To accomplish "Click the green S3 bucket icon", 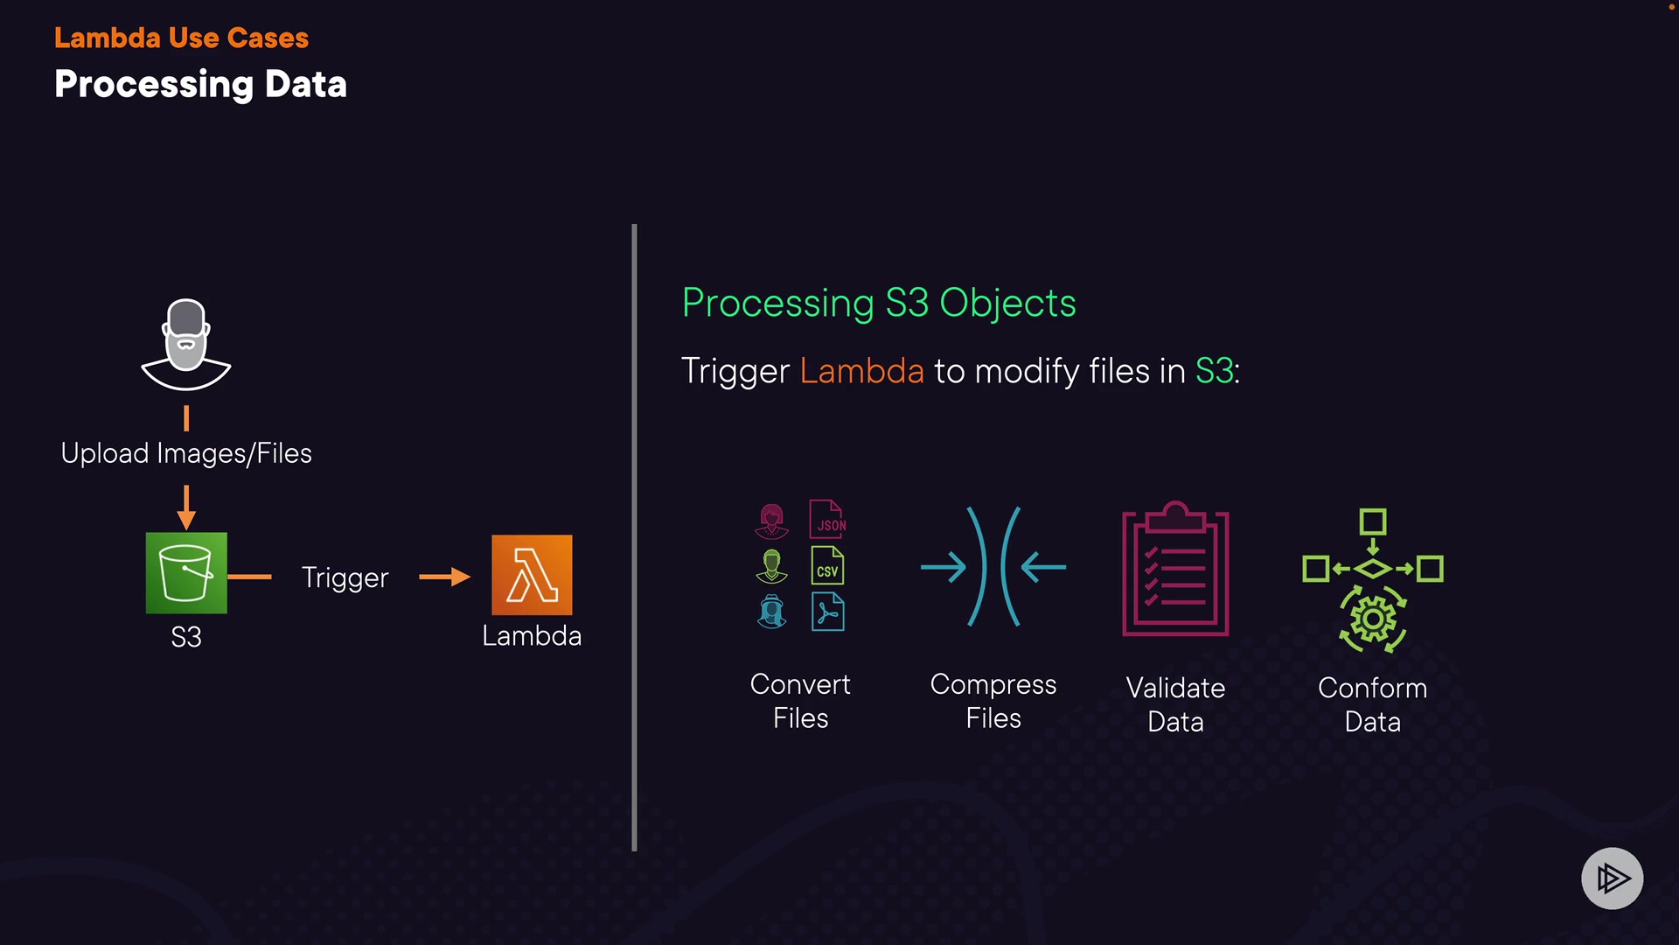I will (186, 573).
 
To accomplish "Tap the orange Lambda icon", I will (532, 575).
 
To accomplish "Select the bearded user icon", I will (186, 344).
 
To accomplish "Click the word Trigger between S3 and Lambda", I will (345, 577).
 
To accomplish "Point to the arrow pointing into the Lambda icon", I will (445, 577).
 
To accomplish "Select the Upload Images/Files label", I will (186, 453).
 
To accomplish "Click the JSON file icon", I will (827, 519).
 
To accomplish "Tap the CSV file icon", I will (827, 565).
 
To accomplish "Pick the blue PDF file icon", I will (827, 612).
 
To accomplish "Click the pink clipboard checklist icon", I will (1175, 570).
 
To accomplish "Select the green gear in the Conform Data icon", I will (1373, 620).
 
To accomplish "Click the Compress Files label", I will (993, 701).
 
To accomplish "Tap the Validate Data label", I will (1175, 704).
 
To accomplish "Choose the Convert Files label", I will (800, 701).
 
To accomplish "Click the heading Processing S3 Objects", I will (879, 303).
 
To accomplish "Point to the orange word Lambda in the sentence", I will (861, 371).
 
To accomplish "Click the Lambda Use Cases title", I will (181, 38).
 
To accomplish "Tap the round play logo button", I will (1612, 878).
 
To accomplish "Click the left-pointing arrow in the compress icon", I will (1043, 567).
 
